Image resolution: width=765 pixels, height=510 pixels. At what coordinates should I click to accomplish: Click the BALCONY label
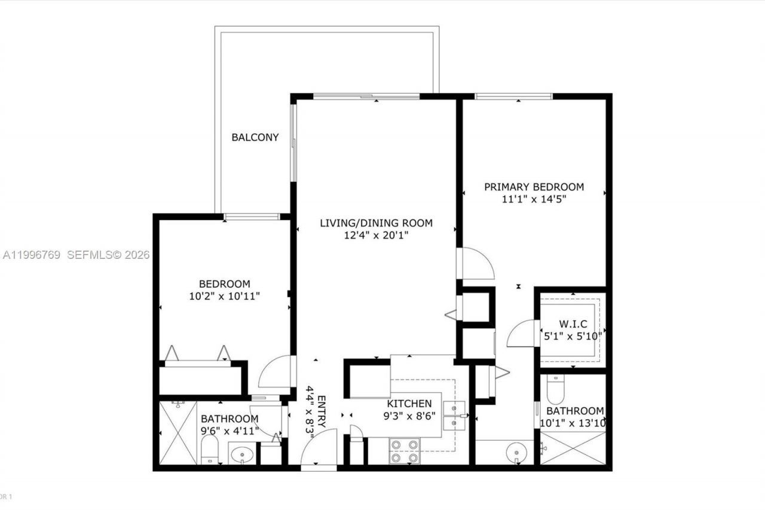(255, 138)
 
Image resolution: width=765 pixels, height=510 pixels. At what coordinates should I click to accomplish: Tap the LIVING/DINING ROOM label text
(376, 224)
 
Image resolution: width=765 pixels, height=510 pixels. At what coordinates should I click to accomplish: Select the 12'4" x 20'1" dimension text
(376, 236)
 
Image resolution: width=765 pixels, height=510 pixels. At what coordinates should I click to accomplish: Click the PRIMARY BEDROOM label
(534, 187)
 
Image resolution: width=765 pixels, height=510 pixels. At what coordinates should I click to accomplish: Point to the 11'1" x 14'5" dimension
(534, 199)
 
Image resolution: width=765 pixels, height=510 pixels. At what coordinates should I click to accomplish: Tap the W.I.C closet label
(571, 324)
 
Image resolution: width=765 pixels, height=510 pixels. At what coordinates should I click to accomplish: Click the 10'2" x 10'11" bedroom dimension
(225, 295)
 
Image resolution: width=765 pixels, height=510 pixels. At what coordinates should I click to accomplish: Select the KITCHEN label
(409, 404)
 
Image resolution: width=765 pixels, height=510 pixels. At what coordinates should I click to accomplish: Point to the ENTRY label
(321, 411)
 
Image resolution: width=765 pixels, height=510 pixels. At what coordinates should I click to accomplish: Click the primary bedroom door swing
(476, 264)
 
